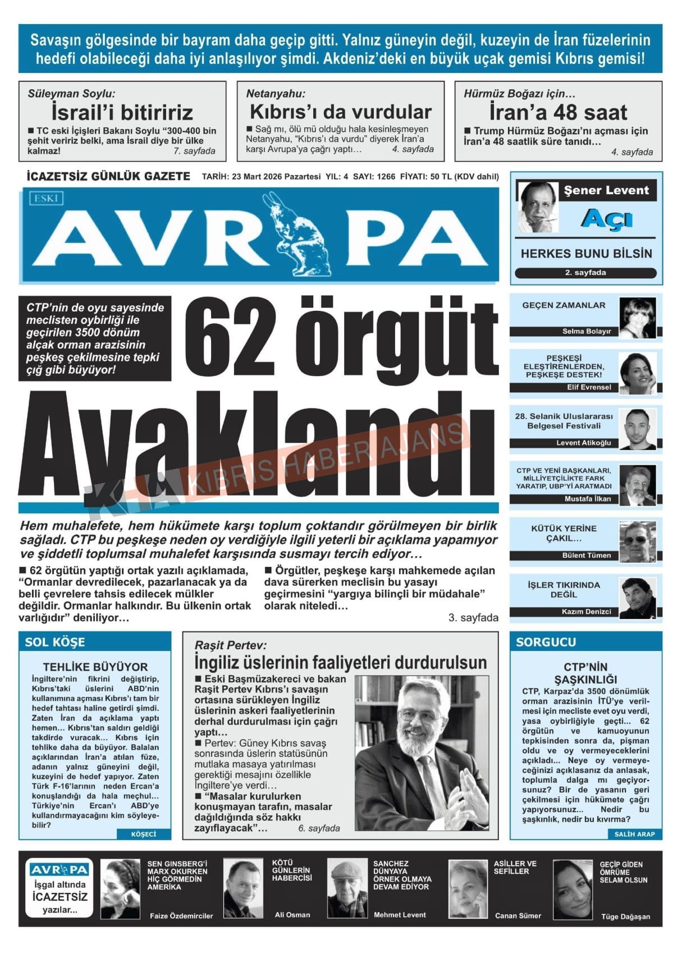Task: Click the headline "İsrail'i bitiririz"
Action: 122,112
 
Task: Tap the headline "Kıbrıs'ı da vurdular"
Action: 340,112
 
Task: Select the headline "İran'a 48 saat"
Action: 558,112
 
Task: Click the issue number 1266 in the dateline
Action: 386,176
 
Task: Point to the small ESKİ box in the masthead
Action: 46,198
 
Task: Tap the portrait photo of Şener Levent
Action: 538,206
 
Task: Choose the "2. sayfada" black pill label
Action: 585,273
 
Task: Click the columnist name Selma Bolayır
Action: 587,332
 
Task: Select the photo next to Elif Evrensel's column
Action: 638,373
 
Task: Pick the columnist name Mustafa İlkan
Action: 588,499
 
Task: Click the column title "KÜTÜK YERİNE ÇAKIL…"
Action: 564,533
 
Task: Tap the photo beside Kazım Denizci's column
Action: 638,598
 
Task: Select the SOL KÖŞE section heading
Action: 55,642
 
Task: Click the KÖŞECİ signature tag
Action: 143,834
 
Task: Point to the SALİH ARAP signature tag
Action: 634,834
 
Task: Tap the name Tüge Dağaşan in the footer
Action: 625,916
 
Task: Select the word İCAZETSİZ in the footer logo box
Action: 60,897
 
